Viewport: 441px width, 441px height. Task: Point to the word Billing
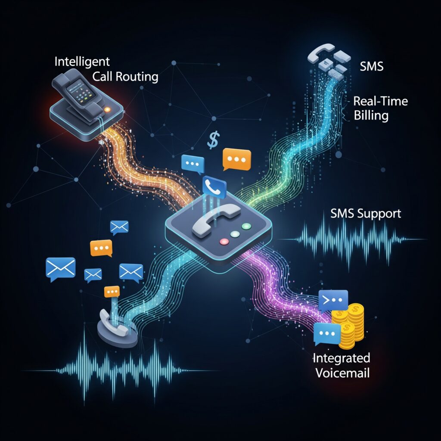(x=371, y=115)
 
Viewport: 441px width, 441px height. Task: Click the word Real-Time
(x=380, y=102)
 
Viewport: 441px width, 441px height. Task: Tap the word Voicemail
(x=342, y=372)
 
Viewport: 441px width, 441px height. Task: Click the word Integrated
(x=342, y=358)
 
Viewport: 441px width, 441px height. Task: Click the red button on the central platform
(x=224, y=242)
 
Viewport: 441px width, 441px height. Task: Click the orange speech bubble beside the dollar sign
(x=236, y=158)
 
